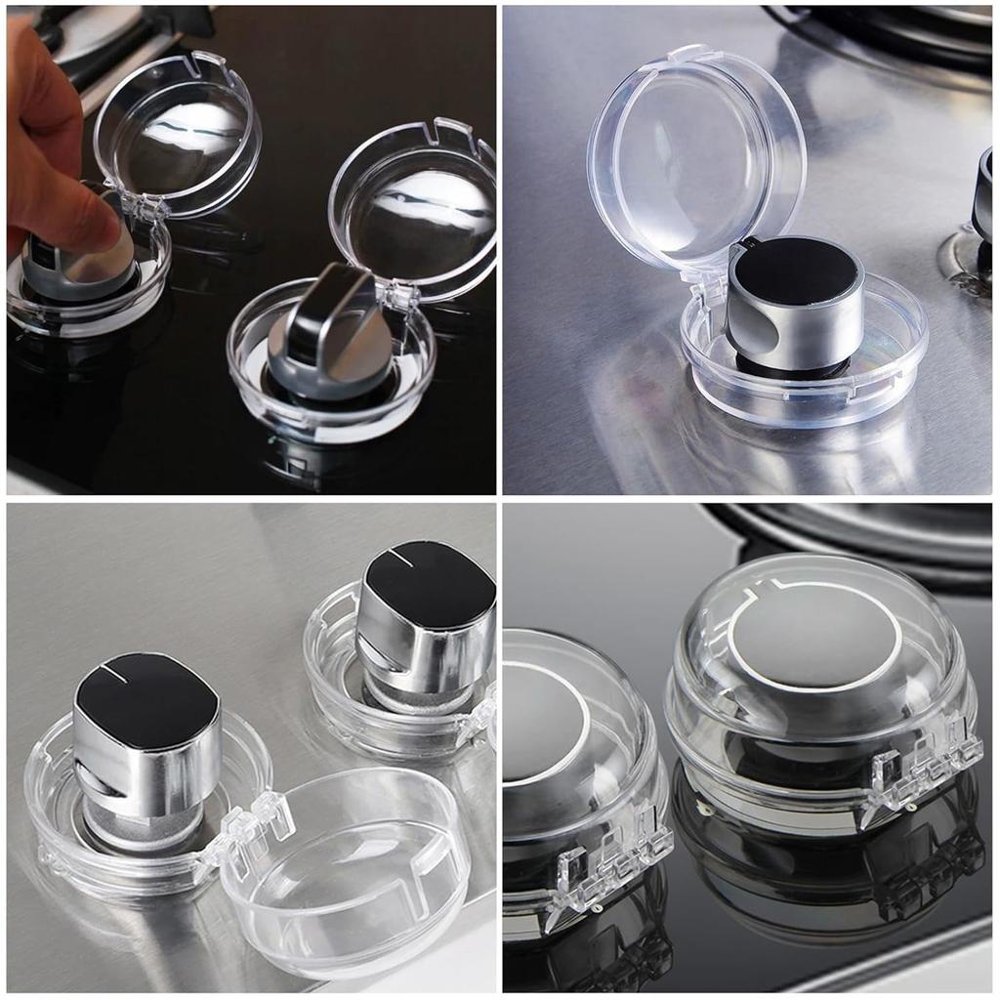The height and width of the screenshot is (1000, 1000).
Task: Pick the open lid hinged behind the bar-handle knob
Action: pyautogui.click(x=415, y=210)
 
